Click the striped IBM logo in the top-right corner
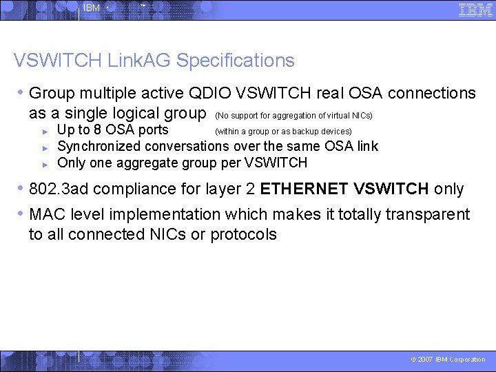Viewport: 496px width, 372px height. coord(475,10)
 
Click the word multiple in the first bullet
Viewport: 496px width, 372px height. coord(106,93)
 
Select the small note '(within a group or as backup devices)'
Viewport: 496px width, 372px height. coord(283,132)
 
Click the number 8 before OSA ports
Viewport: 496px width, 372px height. coord(96,130)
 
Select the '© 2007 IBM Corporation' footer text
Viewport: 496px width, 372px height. coord(448,360)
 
